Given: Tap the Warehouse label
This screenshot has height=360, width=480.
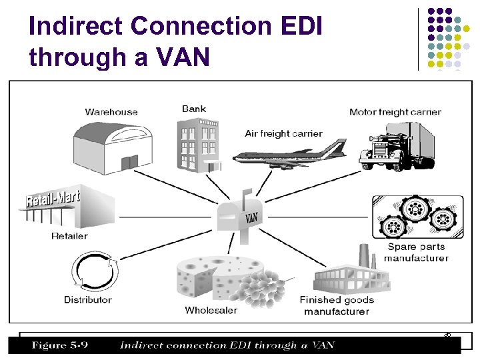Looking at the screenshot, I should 111,112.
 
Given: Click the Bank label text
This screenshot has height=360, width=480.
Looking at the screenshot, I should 194,109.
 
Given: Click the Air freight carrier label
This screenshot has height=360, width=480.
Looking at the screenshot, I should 283,133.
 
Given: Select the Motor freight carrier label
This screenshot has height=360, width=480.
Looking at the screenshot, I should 395,112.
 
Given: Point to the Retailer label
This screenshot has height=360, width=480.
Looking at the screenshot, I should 69,235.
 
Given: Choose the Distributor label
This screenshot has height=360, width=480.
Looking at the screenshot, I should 88,299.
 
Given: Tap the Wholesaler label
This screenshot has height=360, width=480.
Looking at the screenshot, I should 211,310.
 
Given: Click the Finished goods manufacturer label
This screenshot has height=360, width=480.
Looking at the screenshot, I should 337,305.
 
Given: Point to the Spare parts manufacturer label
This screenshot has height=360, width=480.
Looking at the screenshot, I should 416,253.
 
